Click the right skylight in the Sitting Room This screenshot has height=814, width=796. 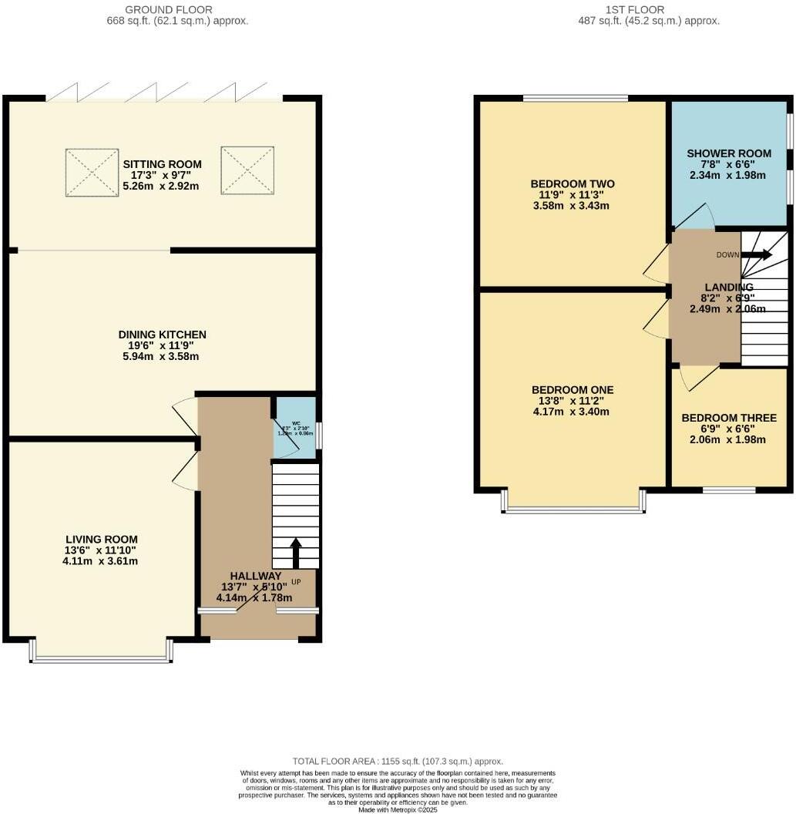(243, 170)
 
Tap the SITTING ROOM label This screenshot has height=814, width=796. (162, 164)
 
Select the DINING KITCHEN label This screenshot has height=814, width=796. (162, 335)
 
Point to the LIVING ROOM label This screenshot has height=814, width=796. (102, 540)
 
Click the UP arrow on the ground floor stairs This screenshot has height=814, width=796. (296, 552)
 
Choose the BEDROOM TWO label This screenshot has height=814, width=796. (572, 183)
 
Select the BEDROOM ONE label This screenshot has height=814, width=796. (572, 389)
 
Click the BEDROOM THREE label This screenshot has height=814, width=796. (729, 418)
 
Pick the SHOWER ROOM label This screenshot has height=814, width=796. (727, 153)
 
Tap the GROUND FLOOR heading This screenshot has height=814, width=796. (177, 10)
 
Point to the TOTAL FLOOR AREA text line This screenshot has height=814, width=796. (398, 761)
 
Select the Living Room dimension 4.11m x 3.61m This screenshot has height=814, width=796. (102, 561)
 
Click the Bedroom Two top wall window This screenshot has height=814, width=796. (575, 98)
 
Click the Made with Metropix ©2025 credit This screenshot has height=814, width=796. (398, 809)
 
